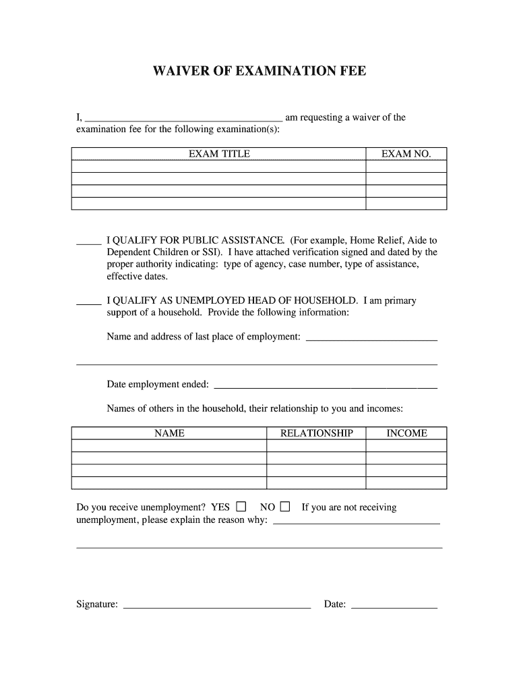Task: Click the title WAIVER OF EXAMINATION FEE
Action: point(259,72)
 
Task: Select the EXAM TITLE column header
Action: point(219,154)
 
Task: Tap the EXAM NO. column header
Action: point(406,154)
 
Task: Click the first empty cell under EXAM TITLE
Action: point(219,166)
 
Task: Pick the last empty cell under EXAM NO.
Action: point(406,203)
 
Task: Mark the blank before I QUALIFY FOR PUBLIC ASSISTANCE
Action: point(88,241)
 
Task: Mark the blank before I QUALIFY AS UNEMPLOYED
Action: point(88,302)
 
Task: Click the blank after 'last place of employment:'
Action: point(371,338)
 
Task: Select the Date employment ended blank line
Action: point(325,386)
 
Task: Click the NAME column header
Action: point(169,433)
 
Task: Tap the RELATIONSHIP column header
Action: point(316,433)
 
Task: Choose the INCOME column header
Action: point(406,433)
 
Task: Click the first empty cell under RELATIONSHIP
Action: point(316,446)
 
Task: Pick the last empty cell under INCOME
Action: point(406,482)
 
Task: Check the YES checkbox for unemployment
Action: point(241,507)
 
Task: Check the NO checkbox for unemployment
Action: point(285,507)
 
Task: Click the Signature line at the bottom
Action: point(217,605)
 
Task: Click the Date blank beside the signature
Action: point(394,605)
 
